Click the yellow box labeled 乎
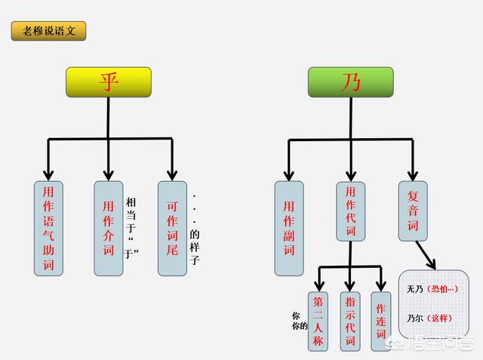109,82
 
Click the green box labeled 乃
350,82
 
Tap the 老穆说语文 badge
48,31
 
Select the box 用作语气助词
48,228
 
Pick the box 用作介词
109,228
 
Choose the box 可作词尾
172,228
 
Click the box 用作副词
289,228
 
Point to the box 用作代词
350,211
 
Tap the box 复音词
413,211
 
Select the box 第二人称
318,322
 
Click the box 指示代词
350,322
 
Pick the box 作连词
381,322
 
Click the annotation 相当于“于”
131,228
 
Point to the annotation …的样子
195,229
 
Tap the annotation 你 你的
300,321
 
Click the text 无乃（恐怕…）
432,289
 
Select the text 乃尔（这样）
429,318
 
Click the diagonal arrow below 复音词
426,255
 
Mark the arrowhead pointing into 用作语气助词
48,176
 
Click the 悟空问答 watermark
431,343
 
